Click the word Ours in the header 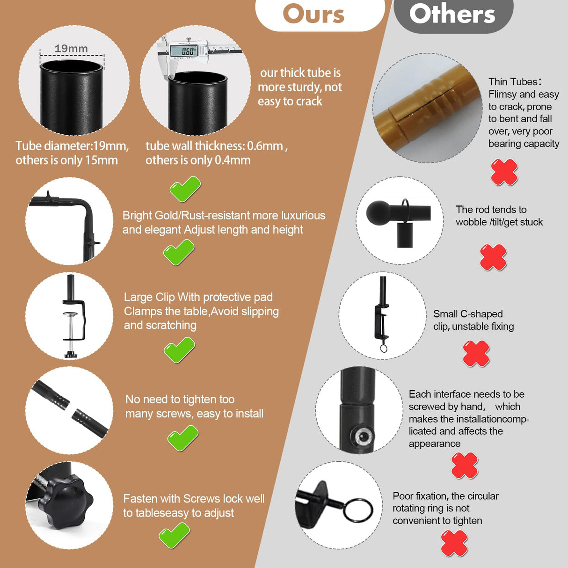point(313,14)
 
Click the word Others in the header point(452,14)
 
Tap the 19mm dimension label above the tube point(71,49)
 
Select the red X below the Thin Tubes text point(504,172)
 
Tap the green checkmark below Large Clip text point(179,350)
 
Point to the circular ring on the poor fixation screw point(358,510)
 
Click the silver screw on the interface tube point(362,436)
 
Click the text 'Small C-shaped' point(468,314)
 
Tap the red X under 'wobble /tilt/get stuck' point(493,257)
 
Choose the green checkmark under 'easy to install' point(183,438)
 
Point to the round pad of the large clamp point(71,314)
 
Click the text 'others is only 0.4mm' point(198,160)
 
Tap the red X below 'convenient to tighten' point(454,544)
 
